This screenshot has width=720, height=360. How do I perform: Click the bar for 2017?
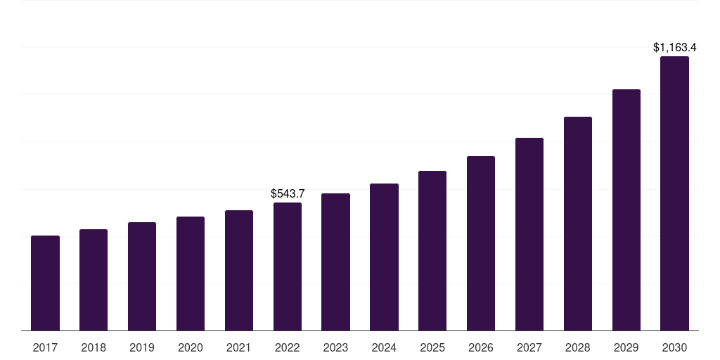click(45, 283)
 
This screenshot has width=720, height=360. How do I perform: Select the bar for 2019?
click(142, 276)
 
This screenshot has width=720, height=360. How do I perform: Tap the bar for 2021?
click(239, 270)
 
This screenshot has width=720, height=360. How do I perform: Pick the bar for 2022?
click(288, 266)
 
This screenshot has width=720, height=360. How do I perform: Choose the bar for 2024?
click(384, 257)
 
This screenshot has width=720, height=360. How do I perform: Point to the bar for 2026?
click(481, 243)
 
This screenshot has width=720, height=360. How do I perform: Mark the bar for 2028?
click(578, 224)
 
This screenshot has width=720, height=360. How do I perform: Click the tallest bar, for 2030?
click(674, 193)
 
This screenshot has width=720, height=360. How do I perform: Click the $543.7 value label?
click(288, 193)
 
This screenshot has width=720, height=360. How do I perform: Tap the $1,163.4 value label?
click(674, 48)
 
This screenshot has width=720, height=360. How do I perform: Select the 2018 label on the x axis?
click(94, 347)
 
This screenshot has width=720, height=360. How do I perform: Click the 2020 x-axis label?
click(191, 347)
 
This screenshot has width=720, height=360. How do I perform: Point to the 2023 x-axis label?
click(335, 347)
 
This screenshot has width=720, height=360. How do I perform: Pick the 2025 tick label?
click(432, 347)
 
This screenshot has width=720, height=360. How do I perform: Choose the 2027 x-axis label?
click(529, 347)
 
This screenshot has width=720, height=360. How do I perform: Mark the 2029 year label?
click(626, 347)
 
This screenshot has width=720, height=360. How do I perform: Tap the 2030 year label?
click(674, 347)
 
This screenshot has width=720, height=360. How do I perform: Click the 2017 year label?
click(45, 347)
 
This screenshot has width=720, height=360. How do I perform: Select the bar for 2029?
click(626, 210)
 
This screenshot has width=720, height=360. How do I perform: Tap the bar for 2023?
click(335, 262)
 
